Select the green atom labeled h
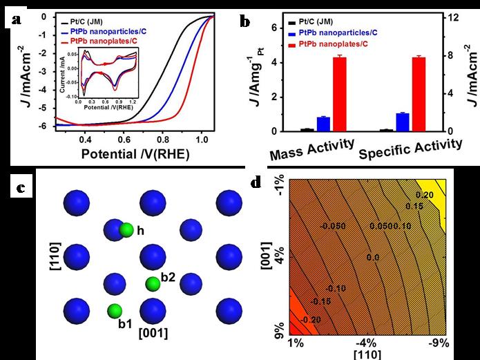(x=126, y=229)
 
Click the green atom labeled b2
(x=152, y=283)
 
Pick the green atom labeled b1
(x=115, y=310)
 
